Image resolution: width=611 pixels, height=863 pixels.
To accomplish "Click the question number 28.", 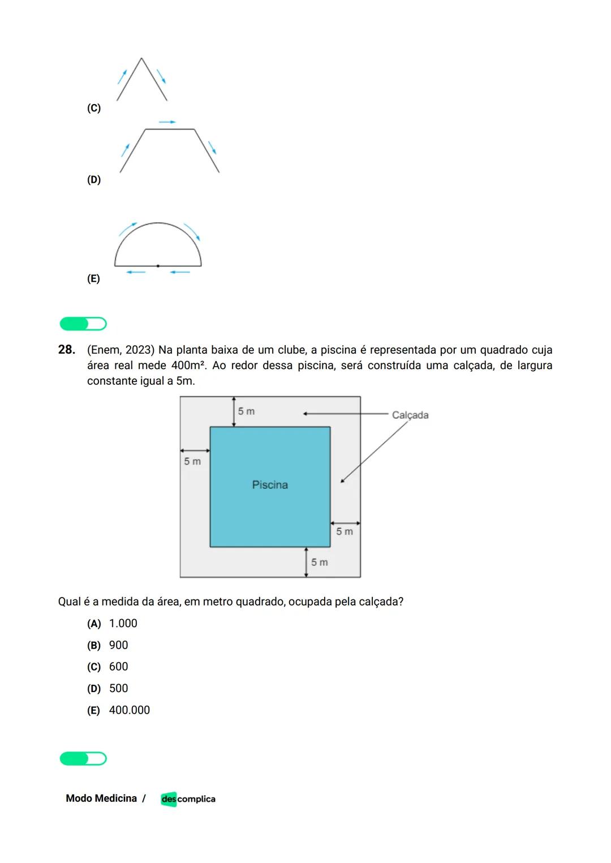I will tap(67, 350).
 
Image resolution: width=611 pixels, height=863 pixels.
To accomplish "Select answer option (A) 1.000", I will tap(112, 624).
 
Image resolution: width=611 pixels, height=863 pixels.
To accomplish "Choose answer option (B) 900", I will tap(107, 645).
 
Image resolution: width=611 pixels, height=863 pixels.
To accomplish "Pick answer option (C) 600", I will tap(107, 667).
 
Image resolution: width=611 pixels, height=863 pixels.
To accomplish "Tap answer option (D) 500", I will tap(107, 689).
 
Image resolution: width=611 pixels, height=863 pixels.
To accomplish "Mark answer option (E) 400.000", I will tap(118, 710).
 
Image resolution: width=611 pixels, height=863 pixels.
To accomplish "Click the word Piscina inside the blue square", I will tap(270, 485).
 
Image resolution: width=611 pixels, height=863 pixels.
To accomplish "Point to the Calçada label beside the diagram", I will tap(410, 415).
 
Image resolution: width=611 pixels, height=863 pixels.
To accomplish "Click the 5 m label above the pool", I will tap(246, 411).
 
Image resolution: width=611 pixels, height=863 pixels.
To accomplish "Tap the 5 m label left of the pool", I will tap(192, 462).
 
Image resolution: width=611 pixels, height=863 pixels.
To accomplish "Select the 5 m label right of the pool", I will tap(345, 532).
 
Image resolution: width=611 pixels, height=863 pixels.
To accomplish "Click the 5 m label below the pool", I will tap(319, 563).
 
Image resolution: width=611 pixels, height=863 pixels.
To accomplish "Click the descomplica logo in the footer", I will tap(188, 799).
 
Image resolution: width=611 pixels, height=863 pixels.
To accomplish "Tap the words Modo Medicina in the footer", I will tap(101, 798).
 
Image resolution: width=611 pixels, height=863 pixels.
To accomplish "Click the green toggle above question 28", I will tap(83, 324).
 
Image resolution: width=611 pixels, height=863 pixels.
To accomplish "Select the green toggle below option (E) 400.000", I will tap(83, 759).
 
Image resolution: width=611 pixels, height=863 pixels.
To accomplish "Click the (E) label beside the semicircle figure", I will tap(93, 279).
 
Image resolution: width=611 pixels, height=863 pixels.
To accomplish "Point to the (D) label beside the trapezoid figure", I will tap(94, 180).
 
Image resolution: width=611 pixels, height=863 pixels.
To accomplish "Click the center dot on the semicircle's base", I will tap(158, 265).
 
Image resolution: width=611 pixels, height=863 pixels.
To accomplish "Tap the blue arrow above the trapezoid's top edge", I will tap(167, 122).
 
